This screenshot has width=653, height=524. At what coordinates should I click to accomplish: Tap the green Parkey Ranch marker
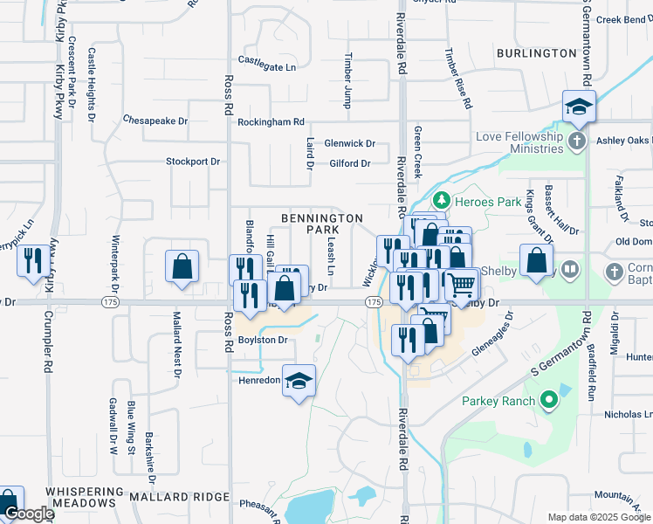point(548,402)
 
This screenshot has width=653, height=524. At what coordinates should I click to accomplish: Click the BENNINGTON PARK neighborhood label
point(321,223)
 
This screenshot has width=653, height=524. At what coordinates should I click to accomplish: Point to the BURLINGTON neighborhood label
point(530,53)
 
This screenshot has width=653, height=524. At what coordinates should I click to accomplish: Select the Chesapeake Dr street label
point(155,120)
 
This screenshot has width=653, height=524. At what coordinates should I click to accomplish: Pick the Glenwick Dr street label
point(349,143)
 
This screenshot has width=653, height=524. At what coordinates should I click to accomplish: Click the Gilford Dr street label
point(350,163)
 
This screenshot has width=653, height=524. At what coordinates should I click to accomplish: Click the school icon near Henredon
point(299,381)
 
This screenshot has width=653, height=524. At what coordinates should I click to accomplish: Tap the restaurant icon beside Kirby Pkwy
point(33,261)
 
